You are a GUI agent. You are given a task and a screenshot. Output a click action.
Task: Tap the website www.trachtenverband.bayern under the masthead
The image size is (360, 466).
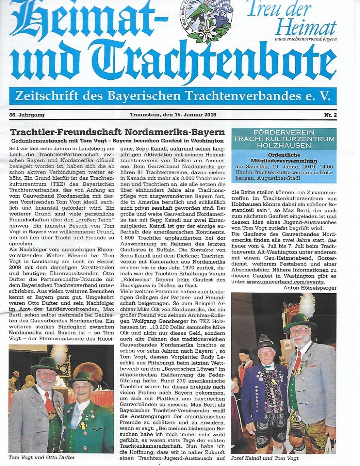pyautogui.click(x=306, y=39)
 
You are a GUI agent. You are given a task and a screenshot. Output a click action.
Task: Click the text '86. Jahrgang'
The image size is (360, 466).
pyautogui.click(x=27, y=115)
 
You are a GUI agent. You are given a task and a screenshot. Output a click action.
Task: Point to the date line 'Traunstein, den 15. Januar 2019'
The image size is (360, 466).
pyautogui.click(x=173, y=115)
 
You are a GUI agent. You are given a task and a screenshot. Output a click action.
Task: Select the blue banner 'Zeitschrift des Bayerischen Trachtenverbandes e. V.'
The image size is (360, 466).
pyautogui.click(x=173, y=96)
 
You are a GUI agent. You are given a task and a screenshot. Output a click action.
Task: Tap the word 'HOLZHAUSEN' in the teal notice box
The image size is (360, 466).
pyautogui.click(x=284, y=146)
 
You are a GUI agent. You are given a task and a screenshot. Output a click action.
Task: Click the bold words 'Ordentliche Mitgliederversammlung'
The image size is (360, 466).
pyautogui.click(x=284, y=158)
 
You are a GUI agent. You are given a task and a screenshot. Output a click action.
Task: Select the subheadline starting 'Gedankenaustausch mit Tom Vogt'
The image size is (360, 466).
pyautogui.click(x=117, y=140)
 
